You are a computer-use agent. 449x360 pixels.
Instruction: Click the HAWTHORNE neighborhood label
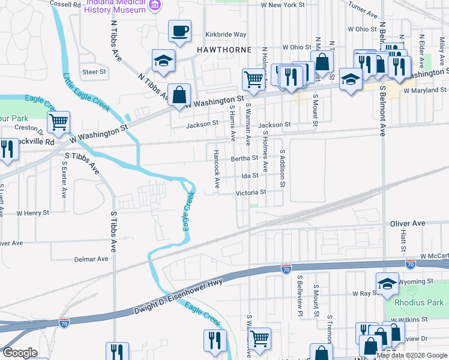(x=219, y=47)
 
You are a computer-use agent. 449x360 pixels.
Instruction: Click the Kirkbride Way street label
(x=226, y=35)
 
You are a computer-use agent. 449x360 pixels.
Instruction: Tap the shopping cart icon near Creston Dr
(x=59, y=123)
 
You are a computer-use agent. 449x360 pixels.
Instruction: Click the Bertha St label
(x=244, y=158)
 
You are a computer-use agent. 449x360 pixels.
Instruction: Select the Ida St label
(x=250, y=176)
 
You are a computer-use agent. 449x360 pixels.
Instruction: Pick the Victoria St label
(x=250, y=193)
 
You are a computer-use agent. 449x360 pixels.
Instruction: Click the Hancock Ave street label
(x=216, y=167)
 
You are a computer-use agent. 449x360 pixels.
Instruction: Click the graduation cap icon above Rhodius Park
(x=387, y=283)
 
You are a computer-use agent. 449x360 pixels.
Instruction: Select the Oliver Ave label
(x=407, y=223)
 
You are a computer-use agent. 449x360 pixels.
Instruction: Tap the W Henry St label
(x=32, y=213)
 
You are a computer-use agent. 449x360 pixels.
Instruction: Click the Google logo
(x=20, y=353)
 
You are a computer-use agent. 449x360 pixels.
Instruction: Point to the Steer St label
(x=94, y=72)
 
